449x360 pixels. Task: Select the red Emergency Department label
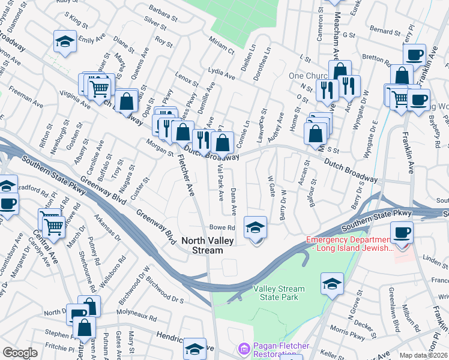point(353,244)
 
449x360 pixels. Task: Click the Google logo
point(20,353)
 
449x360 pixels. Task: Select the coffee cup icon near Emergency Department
point(402,232)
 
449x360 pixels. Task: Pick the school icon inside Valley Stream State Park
point(332,284)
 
